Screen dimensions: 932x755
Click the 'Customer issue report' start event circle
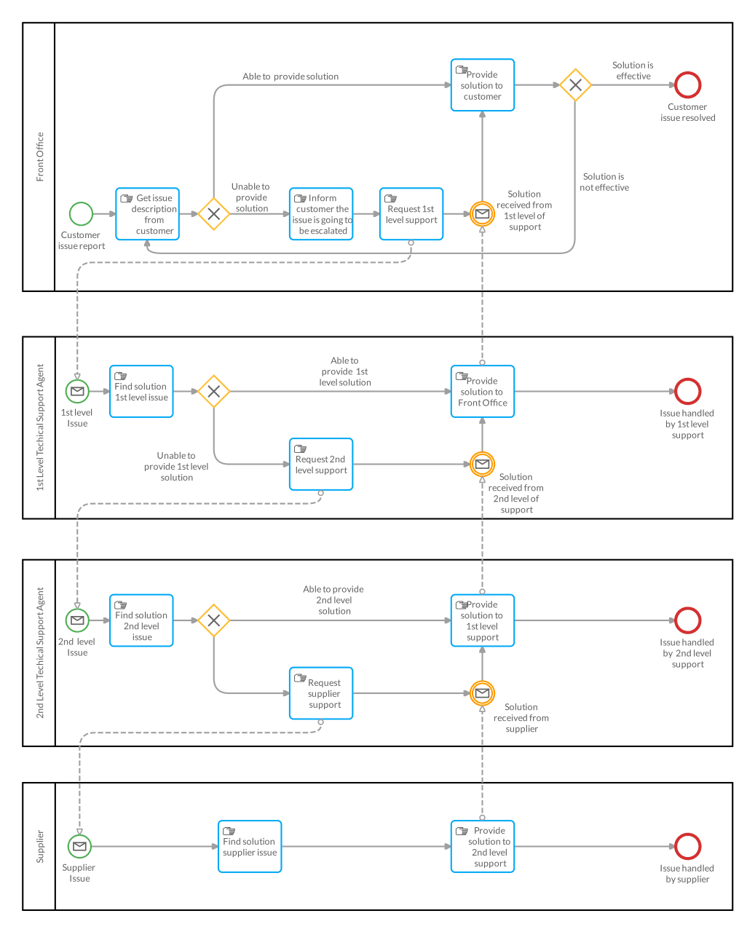[x=81, y=214]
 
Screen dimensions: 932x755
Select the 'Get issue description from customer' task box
[x=147, y=214]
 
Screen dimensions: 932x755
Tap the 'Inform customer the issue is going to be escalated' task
[x=321, y=214]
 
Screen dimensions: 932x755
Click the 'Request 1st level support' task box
[x=411, y=214]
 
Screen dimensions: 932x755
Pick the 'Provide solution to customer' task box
[x=482, y=85]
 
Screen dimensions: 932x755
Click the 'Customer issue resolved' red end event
[x=687, y=85]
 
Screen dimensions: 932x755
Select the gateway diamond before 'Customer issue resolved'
[x=575, y=85]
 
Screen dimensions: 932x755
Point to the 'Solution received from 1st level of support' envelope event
[x=482, y=214]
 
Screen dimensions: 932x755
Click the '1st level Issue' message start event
[x=77, y=392]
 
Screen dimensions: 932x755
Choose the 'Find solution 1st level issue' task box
[x=141, y=392]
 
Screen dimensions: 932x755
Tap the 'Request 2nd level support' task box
[x=321, y=465]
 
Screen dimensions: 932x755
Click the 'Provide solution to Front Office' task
[x=482, y=392]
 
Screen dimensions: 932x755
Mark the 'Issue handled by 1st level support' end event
[x=687, y=392]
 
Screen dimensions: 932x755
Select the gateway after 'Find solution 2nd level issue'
[x=214, y=620]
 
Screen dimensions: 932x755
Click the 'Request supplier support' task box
[x=321, y=693]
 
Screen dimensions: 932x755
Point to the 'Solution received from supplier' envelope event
[x=482, y=693]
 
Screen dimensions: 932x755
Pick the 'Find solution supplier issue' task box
[x=250, y=846]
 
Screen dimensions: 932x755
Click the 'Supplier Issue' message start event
[x=79, y=846]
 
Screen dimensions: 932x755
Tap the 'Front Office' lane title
[x=40, y=157]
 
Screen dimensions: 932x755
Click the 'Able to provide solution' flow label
[x=290, y=76]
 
